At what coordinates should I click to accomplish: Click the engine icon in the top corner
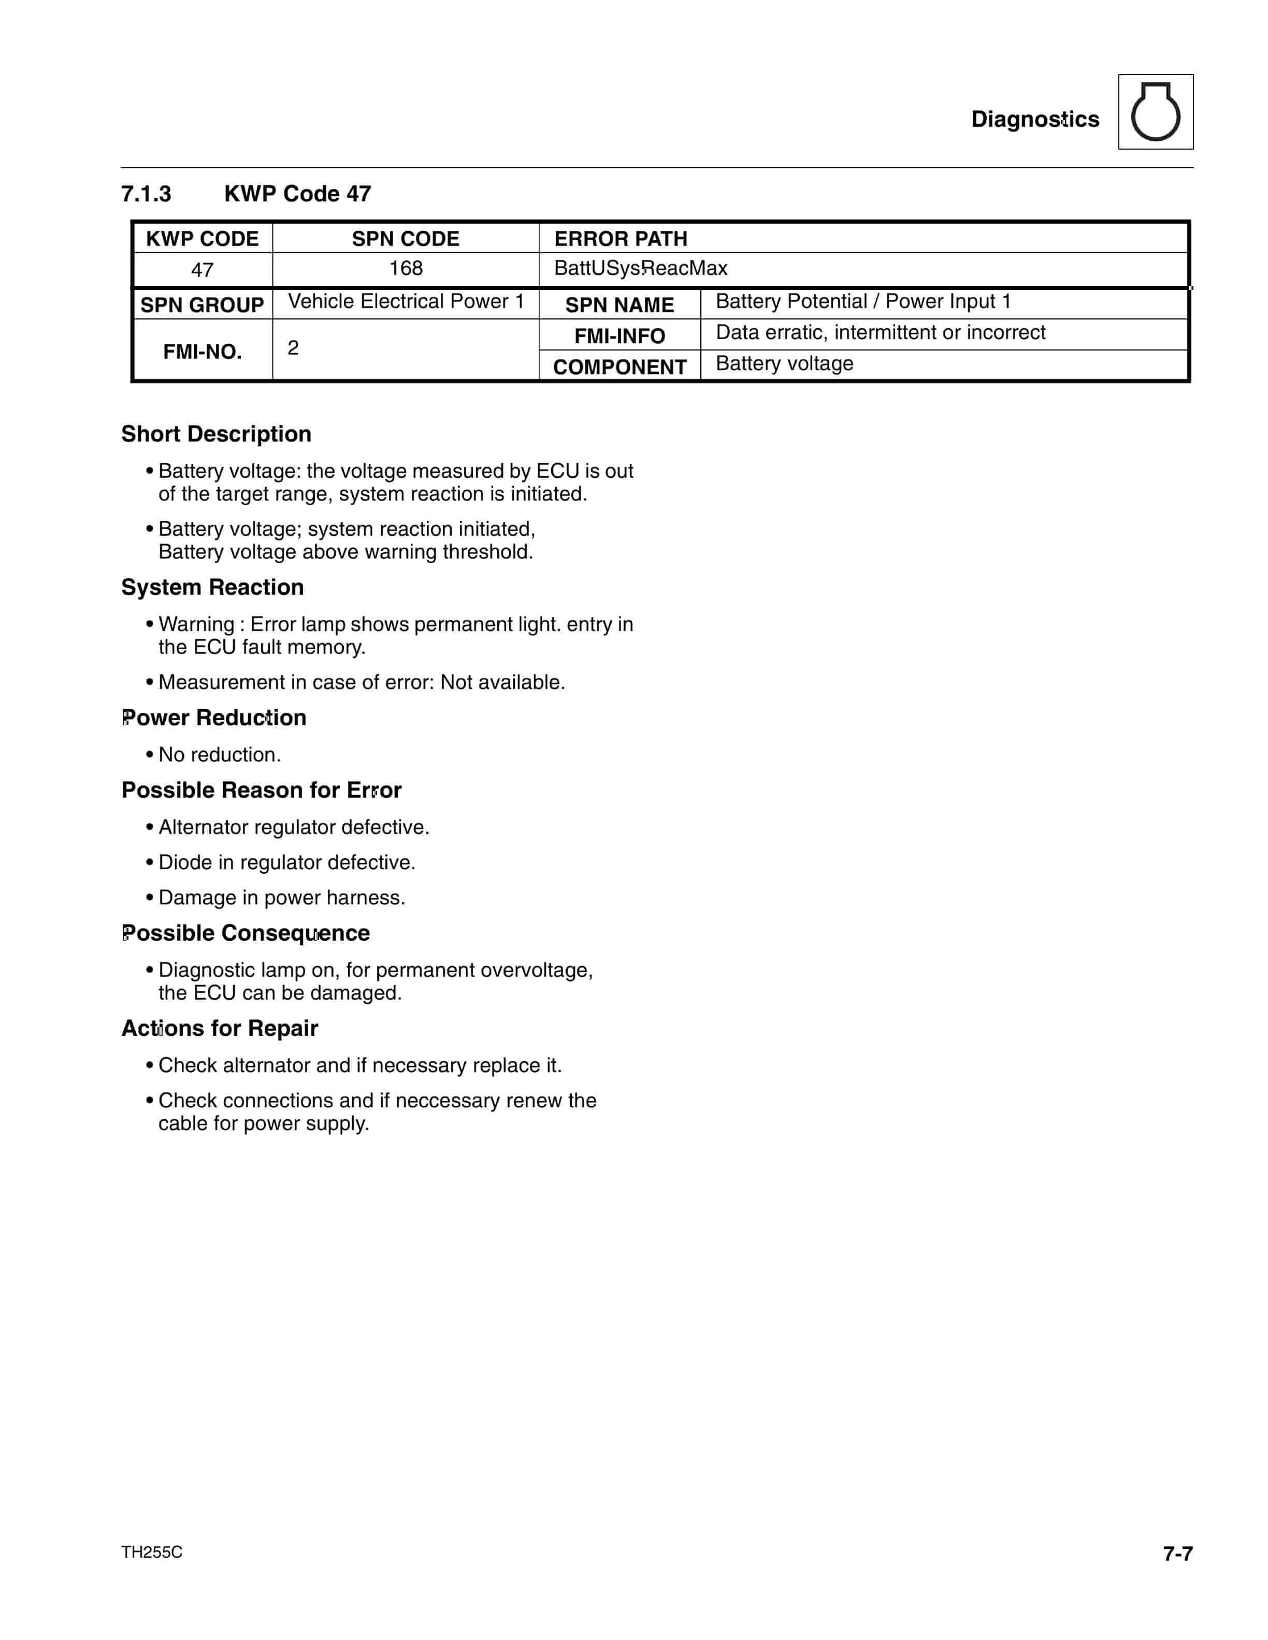click(x=1155, y=112)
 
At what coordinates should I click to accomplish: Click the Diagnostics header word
click(x=1034, y=120)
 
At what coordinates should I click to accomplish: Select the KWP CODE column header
click(x=202, y=239)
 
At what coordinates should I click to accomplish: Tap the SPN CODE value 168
click(x=406, y=268)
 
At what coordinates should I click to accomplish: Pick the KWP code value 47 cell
click(x=202, y=270)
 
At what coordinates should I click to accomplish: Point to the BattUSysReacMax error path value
click(x=640, y=268)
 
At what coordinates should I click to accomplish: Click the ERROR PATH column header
click(x=621, y=239)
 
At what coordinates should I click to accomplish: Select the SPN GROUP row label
click(x=202, y=305)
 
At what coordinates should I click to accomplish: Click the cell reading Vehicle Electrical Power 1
click(x=406, y=301)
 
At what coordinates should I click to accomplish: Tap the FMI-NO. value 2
click(x=293, y=348)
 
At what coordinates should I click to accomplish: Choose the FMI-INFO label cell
click(x=619, y=335)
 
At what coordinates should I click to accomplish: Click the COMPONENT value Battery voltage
click(x=784, y=363)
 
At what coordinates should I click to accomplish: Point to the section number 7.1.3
click(x=147, y=194)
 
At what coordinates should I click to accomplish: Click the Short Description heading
click(x=217, y=434)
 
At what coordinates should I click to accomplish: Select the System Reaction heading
click(x=212, y=587)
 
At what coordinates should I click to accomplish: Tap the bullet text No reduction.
click(x=219, y=755)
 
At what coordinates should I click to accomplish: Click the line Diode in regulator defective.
click(x=286, y=862)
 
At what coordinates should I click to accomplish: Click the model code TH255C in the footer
click(x=152, y=1552)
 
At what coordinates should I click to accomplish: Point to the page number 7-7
click(x=1177, y=1554)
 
